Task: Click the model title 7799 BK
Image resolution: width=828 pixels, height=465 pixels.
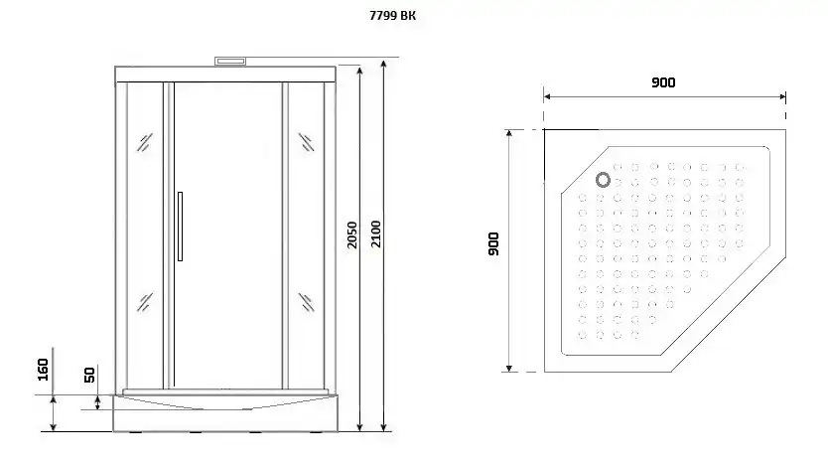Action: coord(392,16)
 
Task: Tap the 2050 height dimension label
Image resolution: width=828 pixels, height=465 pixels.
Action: coord(352,235)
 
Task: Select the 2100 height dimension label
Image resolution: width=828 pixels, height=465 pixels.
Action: coord(375,234)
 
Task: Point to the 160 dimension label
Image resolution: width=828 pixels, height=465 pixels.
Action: coord(44,370)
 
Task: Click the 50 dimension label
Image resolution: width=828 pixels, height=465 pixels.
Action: coord(89,375)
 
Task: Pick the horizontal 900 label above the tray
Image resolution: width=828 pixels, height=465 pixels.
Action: coord(663,82)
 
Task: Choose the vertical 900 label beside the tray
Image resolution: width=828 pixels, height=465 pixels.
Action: coord(493,243)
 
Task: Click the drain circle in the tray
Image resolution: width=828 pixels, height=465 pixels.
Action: coord(603,180)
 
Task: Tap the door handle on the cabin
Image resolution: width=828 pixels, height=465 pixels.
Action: coord(180,227)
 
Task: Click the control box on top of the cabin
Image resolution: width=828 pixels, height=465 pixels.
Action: coord(230,62)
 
